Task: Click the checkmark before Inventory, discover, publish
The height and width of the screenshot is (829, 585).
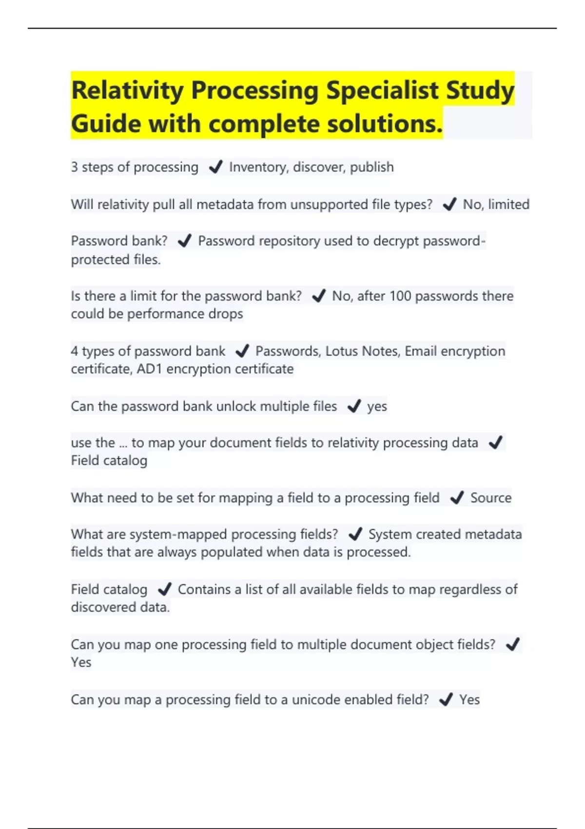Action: [215, 167]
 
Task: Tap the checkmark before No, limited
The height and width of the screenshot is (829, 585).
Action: [449, 204]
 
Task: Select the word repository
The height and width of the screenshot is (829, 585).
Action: [289, 241]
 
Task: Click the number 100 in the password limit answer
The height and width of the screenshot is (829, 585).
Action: [400, 296]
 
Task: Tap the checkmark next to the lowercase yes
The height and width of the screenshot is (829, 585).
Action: [353, 406]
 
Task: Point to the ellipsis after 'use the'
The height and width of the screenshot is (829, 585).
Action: [123, 443]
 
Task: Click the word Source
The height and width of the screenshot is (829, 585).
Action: [491, 498]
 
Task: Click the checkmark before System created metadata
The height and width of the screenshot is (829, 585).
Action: [355, 534]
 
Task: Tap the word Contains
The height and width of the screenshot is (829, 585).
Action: [204, 590]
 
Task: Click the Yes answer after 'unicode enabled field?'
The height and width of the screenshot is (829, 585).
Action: [469, 700]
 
